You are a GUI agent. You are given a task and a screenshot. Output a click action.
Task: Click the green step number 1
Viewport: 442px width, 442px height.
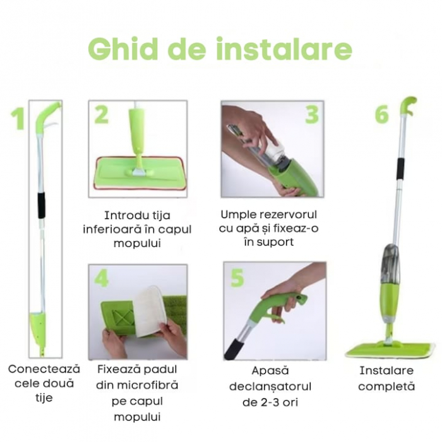17,119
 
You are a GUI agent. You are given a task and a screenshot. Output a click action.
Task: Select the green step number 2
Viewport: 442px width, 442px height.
101,115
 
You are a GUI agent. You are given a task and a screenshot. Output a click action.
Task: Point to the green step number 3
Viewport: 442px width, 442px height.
312,115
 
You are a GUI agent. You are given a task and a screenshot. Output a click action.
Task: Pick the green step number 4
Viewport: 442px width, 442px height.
102,278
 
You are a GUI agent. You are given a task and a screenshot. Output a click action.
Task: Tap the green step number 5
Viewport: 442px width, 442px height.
237,278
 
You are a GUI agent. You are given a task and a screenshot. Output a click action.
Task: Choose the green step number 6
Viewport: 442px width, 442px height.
381,115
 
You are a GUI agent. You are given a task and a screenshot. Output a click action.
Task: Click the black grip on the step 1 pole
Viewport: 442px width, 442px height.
42,205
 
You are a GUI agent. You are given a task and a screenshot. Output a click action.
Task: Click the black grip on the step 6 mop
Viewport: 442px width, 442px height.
400,169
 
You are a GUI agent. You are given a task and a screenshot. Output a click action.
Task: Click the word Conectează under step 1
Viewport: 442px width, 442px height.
44,369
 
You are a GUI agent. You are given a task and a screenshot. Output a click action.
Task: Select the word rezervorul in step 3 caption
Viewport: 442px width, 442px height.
288,215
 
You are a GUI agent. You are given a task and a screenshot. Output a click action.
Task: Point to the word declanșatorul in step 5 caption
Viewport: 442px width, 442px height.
270,386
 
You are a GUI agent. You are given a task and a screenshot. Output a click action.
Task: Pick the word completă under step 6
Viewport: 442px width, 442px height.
386,386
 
